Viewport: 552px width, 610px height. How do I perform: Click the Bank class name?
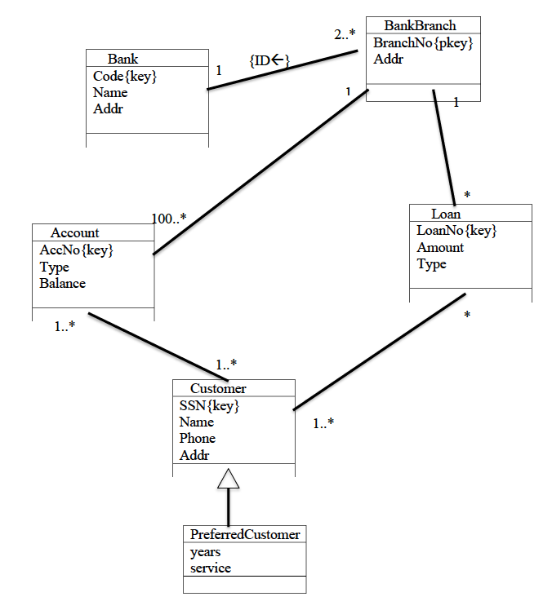[x=122, y=59]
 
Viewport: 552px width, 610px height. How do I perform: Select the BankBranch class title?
[x=420, y=25]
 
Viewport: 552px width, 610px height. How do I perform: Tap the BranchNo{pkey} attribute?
[x=423, y=43]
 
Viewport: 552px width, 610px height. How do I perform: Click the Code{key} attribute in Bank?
[x=124, y=76]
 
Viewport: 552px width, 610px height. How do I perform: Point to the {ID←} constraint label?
[x=269, y=60]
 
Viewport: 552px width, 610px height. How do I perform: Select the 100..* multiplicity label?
[x=169, y=218]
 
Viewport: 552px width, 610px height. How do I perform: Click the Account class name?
[x=75, y=233]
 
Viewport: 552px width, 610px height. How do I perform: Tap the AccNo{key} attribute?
[x=76, y=250]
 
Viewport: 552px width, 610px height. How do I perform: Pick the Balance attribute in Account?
[x=62, y=284]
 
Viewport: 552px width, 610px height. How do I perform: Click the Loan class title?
[x=445, y=214]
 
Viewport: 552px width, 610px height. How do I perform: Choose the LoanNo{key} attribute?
[x=456, y=231]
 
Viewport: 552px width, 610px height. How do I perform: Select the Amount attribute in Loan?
[x=440, y=248]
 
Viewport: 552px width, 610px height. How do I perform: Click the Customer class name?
[x=218, y=388]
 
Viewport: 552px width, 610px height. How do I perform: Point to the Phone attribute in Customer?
[x=198, y=439]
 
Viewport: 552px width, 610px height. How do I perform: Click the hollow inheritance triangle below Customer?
[x=229, y=479]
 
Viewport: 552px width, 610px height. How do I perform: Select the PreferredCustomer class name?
[x=245, y=535]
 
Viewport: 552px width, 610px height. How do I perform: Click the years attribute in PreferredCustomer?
[x=205, y=552]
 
